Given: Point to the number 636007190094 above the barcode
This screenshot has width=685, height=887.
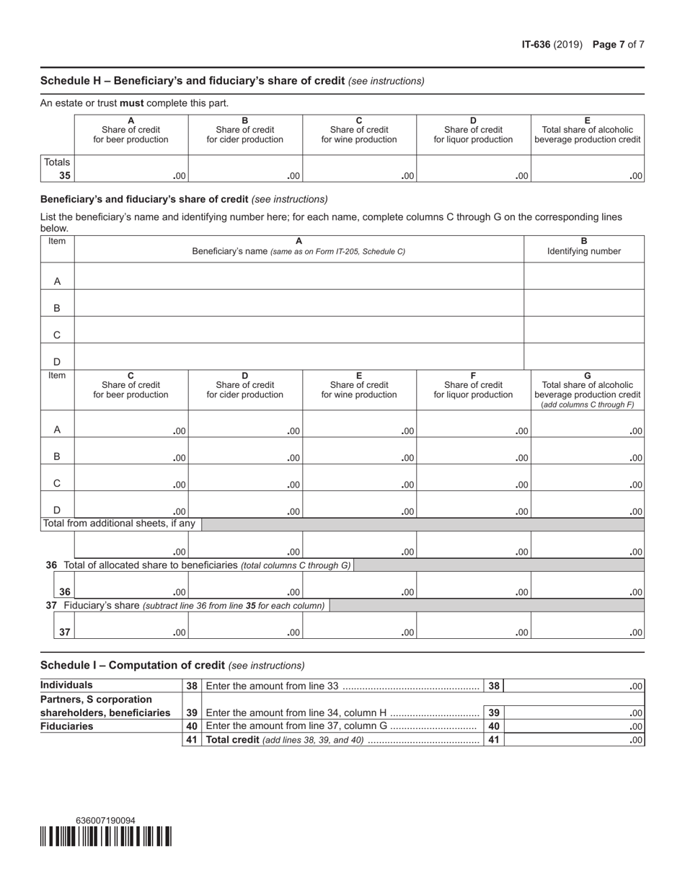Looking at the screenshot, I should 105,820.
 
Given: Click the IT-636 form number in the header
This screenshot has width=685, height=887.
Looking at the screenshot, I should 536,45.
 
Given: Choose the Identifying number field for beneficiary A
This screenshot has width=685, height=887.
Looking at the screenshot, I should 584,276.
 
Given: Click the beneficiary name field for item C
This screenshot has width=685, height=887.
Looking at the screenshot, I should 299,330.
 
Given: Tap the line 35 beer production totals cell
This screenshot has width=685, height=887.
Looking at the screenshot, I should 131,168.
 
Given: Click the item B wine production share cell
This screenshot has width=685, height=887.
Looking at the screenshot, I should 360,451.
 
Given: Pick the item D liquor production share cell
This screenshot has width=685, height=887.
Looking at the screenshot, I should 474,505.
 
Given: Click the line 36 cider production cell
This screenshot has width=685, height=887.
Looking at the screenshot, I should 245,586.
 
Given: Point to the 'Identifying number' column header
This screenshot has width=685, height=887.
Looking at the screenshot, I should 584,252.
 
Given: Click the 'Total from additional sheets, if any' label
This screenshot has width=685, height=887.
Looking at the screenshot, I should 120,524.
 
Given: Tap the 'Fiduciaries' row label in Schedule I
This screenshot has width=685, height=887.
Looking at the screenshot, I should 67,726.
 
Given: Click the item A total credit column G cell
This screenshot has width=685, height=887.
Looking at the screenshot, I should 588,424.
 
